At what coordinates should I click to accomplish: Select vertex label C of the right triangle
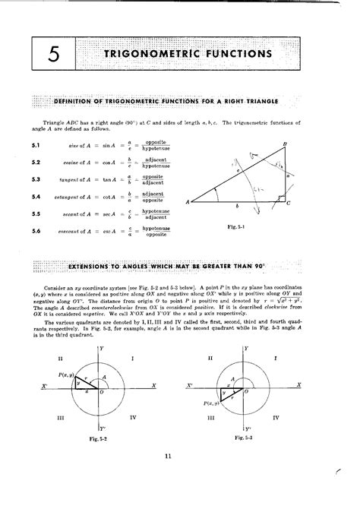(x=289, y=202)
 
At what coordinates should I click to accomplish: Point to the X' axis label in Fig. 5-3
(x=190, y=387)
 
